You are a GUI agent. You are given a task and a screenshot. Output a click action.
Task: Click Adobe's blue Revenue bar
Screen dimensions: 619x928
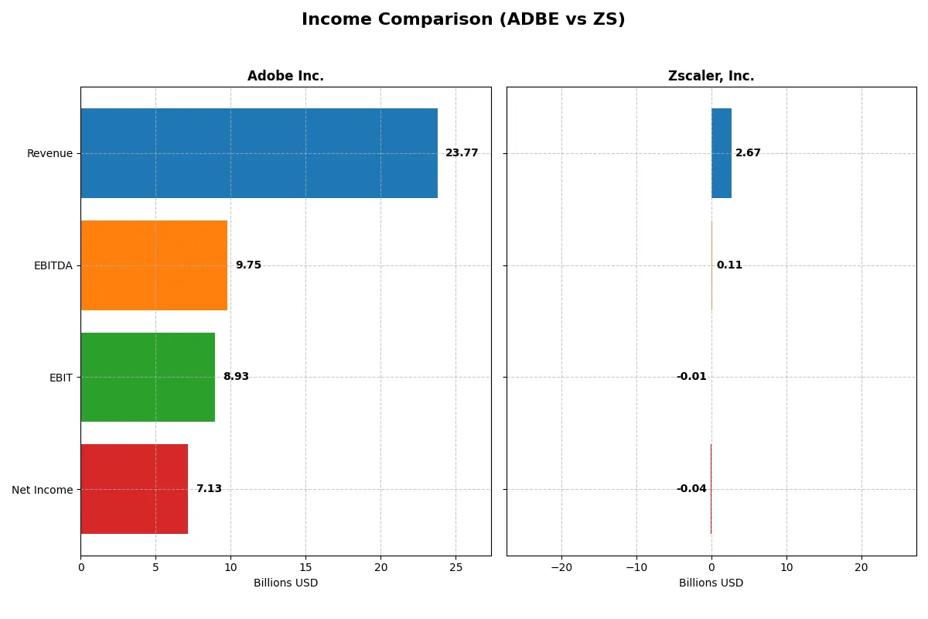click(x=259, y=153)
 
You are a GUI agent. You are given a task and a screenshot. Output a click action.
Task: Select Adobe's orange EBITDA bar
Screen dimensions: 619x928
click(x=154, y=265)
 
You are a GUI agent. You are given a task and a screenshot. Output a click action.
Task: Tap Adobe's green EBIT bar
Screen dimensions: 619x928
click(x=148, y=377)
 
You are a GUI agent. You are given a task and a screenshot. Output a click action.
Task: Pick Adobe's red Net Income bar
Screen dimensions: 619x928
click(x=134, y=489)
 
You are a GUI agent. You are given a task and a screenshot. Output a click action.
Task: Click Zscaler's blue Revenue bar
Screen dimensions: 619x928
click(x=722, y=153)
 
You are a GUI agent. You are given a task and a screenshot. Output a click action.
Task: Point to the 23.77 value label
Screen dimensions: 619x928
click(x=462, y=153)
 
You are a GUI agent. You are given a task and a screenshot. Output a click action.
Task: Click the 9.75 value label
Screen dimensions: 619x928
click(x=248, y=265)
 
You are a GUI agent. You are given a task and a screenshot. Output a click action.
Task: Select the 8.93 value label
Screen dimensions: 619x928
click(x=236, y=377)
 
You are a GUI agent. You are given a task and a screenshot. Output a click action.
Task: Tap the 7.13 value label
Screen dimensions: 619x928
click(x=209, y=489)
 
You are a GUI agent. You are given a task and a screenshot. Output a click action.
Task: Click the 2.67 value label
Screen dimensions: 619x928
click(x=748, y=153)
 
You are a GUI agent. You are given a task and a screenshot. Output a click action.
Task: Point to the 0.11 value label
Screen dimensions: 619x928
click(x=729, y=265)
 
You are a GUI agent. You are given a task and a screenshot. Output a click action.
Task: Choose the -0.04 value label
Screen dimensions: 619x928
click(x=691, y=489)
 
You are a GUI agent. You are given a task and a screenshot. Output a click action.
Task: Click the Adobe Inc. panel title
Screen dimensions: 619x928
click(x=285, y=77)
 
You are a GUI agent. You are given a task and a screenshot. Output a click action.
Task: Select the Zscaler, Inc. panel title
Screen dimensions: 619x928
click(x=711, y=77)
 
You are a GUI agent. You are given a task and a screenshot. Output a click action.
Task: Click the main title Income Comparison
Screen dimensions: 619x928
click(x=463, y=20)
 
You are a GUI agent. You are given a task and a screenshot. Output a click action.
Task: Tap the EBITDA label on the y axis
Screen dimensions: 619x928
click(x=53, y=265)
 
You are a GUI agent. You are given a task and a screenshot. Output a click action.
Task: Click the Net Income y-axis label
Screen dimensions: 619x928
click(x=43, y=489)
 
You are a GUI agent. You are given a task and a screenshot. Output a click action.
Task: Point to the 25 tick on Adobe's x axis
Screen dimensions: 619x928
click(x=455, y=567)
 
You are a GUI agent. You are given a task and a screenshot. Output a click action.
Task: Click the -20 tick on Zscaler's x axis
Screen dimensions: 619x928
click(x=561, y=567)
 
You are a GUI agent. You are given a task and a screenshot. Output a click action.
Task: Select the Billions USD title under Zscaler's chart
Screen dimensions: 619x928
click(x=711, y=583)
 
